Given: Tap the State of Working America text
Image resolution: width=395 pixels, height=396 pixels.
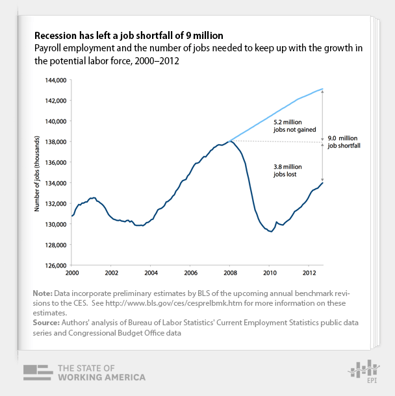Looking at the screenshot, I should click(x=101, y=372).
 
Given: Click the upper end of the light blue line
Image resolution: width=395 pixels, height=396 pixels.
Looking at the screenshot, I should click(x=323, y=88).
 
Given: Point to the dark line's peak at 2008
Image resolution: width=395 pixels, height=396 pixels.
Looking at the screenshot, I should click(x=231, y=141).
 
